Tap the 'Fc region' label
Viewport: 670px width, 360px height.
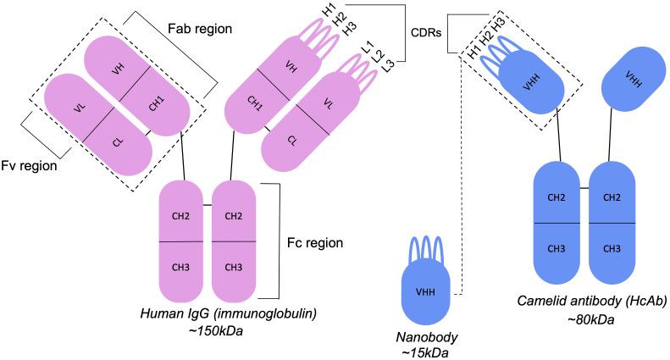click(314, 242)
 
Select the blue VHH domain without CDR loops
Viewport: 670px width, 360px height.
click(632, 78)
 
